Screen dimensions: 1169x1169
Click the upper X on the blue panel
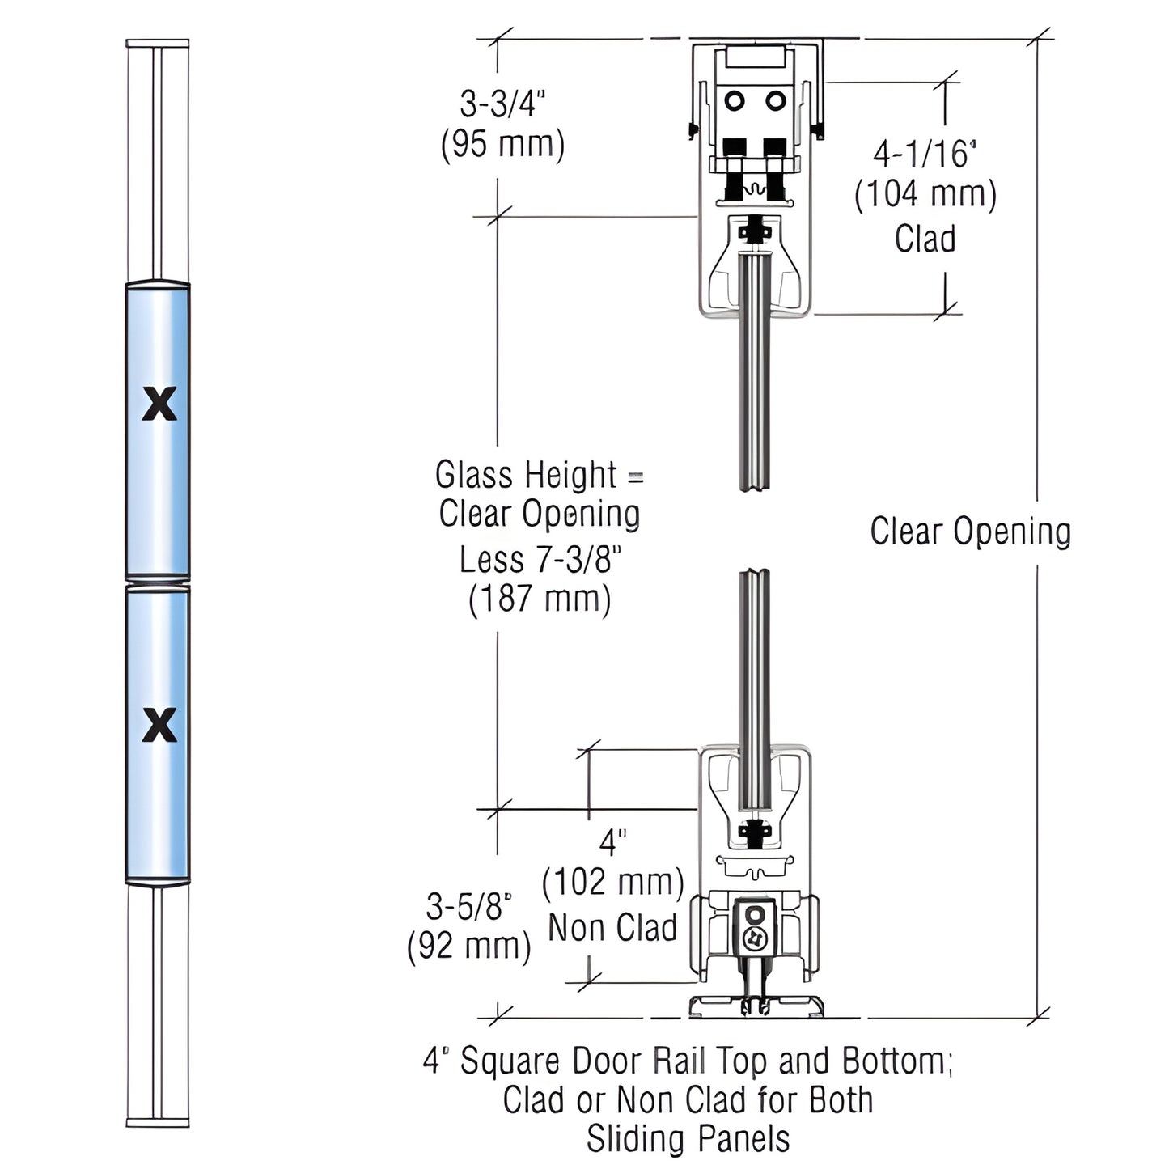click(x=159, y=404)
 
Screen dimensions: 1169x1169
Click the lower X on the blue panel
click(x=159, y=725)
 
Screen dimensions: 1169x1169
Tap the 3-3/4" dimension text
click(x=502, y=104)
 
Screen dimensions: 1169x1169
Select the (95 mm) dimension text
click(x=502, y=145)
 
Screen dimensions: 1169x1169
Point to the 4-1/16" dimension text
click(x=925, y=154)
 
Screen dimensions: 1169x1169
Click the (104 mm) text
click(x=925, y=195)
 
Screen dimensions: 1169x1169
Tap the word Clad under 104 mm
click(x=925, y=239)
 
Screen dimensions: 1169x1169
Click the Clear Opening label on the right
click(x=970, y=532)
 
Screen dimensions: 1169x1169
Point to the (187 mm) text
click(x=540, y=599)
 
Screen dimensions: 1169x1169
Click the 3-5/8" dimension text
click(x=469, y=907)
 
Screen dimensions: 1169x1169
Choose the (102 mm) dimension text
click(x=612, y=882)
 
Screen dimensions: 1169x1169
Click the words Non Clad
click(x=612, y=927)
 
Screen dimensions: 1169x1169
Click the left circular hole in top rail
click(x=735, y=101)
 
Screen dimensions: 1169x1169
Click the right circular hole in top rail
click(x=776, y=101)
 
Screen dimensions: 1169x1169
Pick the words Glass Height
click(x=526, y=475)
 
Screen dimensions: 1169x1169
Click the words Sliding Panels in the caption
click(x=688, y=1138)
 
